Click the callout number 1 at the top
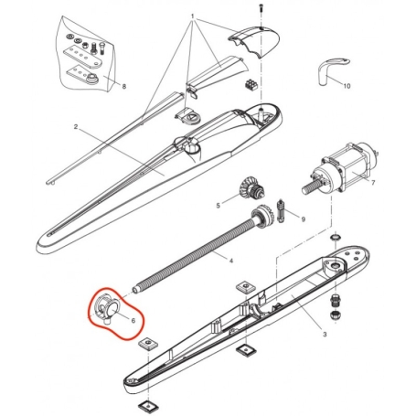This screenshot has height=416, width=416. point(193,17)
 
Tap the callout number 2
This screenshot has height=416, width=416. point(76,127)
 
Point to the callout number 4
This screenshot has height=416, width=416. point(230,261)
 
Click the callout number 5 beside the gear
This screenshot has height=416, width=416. point(219,206)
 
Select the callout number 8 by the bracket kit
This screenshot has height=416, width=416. point(124,87)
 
